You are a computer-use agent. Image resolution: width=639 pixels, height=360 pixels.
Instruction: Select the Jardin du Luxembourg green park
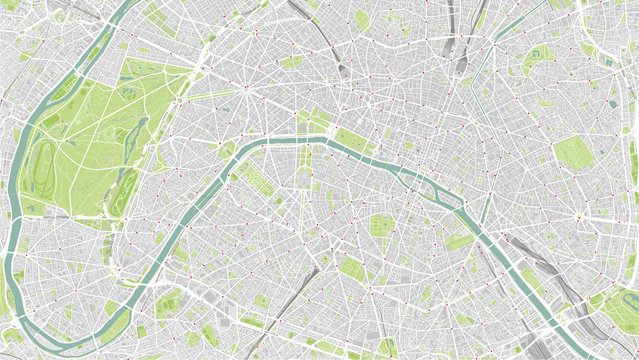[381, 225]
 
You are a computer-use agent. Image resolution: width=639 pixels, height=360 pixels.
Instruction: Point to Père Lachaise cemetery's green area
[571, 153]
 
